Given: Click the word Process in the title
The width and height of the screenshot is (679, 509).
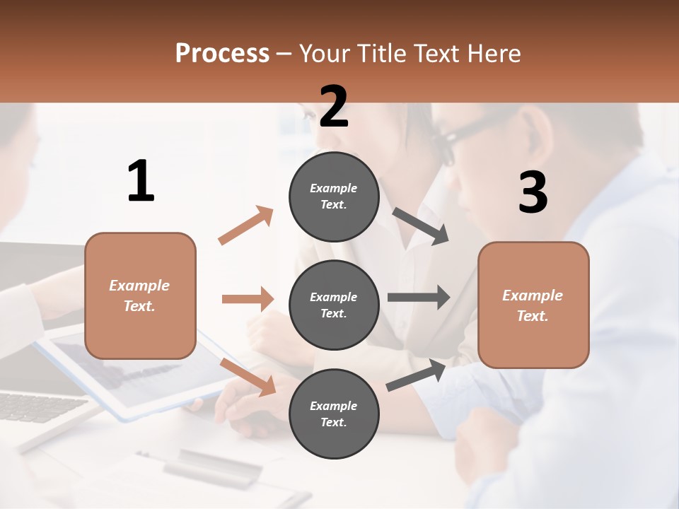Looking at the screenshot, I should tap(222, 54).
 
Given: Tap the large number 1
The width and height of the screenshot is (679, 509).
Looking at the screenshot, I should tap(141, 181).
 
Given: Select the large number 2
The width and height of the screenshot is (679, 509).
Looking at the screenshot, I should tap(334, 107).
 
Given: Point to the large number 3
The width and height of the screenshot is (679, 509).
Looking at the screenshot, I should tap(533, 192).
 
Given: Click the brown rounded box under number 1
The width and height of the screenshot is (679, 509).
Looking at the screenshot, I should tap(140, 296).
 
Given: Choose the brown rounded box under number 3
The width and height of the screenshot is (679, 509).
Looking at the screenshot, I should tap(533, 305).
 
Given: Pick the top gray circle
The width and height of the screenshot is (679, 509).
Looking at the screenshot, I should tap(334, 197).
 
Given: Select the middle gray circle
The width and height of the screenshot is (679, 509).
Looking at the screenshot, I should tap(334, 305).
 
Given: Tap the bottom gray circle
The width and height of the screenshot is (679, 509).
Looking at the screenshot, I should tap(334, 414).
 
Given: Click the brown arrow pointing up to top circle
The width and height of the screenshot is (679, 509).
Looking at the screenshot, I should tap(246, 226).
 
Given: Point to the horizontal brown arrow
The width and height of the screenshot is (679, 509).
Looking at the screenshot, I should tap(248, 299).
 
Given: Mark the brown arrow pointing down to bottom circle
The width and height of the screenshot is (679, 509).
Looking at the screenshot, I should tap(248, 376).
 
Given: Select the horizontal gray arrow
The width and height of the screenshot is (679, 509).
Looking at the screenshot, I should tap(419, 297).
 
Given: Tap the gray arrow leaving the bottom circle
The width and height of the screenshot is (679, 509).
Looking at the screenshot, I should tap(416, 375).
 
